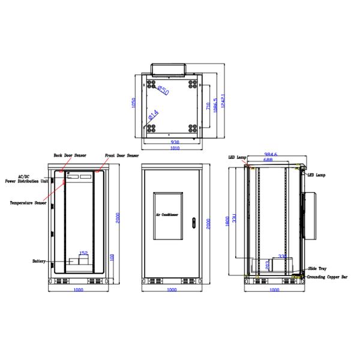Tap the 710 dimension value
(209, 107)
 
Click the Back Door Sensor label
(70, 155)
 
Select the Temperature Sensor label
(28, 203)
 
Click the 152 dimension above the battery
(85, 253)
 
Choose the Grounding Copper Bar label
(328, 277)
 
